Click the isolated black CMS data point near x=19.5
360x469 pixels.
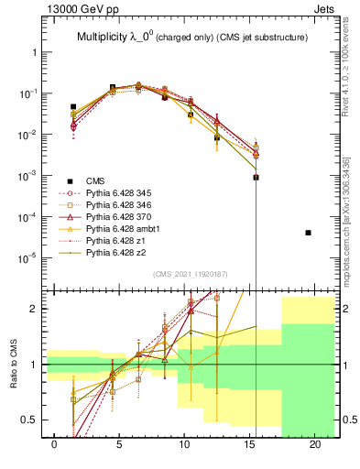click(309, 233)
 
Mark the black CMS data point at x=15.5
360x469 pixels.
click(256, 177)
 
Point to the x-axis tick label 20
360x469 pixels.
click(316, 444)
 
